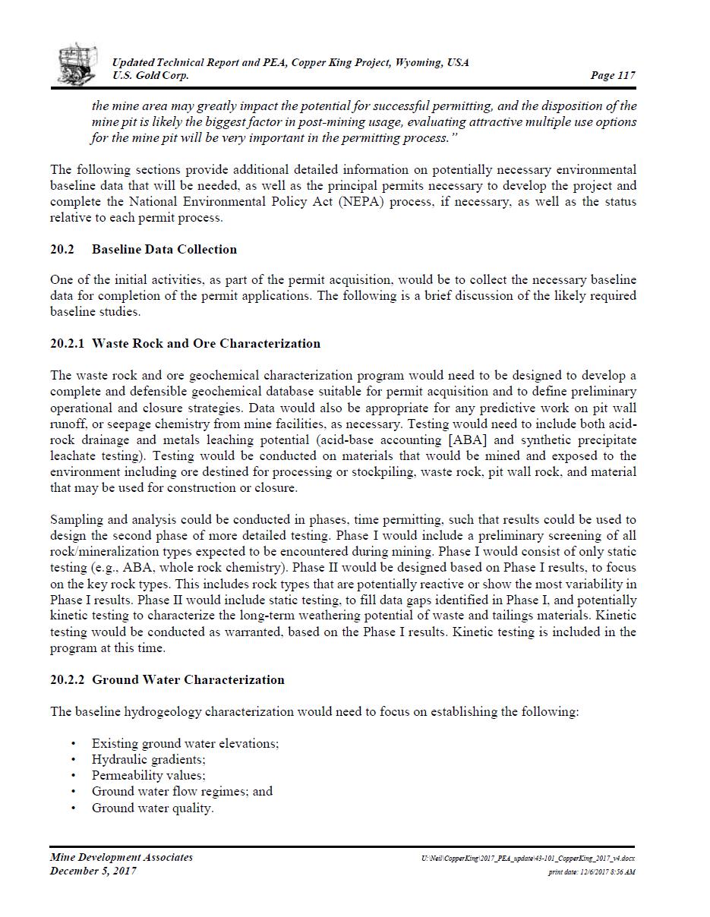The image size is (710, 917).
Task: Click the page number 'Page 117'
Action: coord(612,75)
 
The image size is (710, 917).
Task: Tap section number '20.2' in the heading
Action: coord(62,249)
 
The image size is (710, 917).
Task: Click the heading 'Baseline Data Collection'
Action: coord(164,249)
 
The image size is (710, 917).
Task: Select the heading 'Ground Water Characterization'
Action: coord(188,679)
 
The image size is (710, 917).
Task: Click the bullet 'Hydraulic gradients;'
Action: coord(148,759)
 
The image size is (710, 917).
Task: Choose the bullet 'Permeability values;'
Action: coord(148,775)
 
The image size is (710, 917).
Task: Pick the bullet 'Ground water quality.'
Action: coord(153,808)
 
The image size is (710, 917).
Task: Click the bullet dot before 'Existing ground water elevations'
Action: coord(73,744)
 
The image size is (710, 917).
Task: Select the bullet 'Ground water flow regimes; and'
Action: coord(181,791)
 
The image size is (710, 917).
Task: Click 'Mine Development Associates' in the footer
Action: coord(121,857)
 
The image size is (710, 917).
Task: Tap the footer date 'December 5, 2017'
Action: coord(93,871)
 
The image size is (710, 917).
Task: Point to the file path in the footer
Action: coord(528,859)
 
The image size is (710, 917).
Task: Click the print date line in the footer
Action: coord(592,872)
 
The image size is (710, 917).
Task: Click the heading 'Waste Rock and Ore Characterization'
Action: coord(206,343)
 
